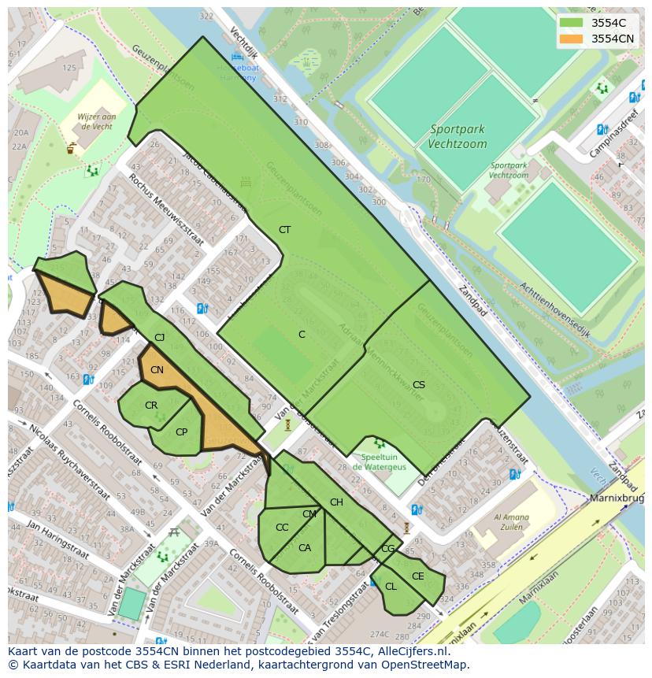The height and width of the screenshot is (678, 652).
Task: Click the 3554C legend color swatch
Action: tap(572, 23)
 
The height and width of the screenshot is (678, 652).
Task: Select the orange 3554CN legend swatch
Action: tap(572, 39)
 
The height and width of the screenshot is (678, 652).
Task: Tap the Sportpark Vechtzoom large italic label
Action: tap(457, 136)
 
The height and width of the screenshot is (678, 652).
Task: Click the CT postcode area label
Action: tap(284, 230)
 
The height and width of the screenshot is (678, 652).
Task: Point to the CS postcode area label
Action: tap(419, 385)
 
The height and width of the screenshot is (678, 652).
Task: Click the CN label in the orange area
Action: tap(157, 370)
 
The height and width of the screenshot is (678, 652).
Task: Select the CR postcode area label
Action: tap(151, 406)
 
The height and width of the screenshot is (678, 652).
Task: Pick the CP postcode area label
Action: tap(181, 432)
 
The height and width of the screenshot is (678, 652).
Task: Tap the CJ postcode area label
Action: tap(160, 338)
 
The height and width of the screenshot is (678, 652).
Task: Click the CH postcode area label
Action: tap(336, 502)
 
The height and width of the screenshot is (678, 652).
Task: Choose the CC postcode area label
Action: tap(282, 528)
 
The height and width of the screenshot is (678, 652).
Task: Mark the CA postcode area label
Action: tap(305, 548)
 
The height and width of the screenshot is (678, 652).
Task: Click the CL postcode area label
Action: tap(391, 587)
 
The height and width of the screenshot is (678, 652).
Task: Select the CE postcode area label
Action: tap(417, 576)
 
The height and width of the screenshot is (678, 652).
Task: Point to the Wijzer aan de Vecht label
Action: tap(96, 121)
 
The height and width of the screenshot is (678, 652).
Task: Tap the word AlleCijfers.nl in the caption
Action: tap(422, 651)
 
